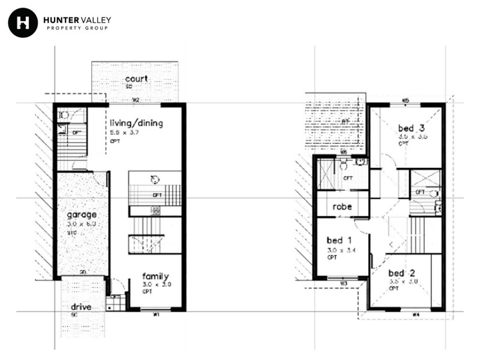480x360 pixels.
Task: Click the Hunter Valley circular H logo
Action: [x=23, y=23]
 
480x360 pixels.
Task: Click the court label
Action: [x=137, y=79]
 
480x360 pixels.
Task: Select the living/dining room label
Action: [x=136, y=123]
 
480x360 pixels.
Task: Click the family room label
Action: [x=155, y=276]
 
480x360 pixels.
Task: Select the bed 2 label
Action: [x=401, y=272]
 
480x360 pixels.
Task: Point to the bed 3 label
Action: [x=411, y=127]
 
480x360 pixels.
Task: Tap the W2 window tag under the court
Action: [x=136, y=100]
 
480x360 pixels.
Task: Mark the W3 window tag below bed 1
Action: [x=344, y=283]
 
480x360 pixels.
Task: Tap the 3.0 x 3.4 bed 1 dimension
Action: [x=341, y=250]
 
